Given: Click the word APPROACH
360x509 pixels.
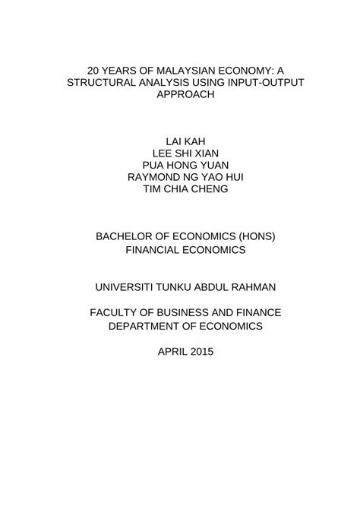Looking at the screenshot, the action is coord(179,96).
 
